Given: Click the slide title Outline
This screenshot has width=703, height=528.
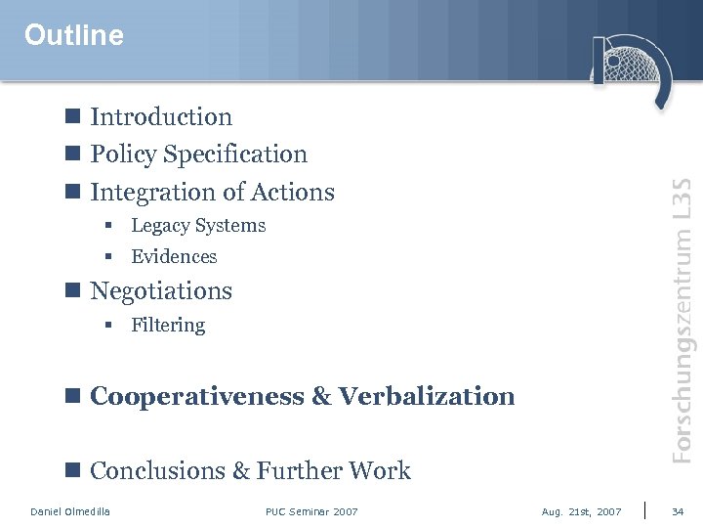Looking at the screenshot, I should coord(74,35).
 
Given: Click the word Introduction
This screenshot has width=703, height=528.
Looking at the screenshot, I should coord(161,117).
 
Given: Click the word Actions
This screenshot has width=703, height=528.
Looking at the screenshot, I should coord(293,193).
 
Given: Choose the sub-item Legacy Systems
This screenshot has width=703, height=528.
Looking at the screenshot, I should coord(198,226).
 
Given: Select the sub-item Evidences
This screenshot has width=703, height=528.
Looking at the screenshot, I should coord(174,257).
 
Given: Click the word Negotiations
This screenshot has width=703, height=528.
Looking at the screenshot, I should coord(161,291).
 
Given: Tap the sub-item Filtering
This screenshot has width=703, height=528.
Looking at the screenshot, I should coord(168,326).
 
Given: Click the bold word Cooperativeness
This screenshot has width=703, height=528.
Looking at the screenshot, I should coord(197,396).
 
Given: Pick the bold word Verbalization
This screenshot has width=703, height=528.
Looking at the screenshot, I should coord(427,396).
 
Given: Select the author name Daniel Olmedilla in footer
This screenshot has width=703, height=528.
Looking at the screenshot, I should coord(70,511).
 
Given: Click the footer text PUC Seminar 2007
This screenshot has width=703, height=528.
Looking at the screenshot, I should coord(311,511).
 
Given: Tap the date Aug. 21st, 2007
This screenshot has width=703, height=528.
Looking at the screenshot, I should coord(581,511).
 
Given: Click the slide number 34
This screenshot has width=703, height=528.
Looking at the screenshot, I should coord(679,511).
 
